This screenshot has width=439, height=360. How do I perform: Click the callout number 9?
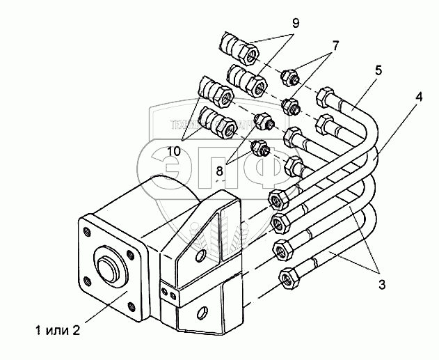point(296,23)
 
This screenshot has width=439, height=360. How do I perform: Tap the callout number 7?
point(335,46)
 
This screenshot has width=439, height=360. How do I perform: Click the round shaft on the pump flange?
point(110,265)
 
